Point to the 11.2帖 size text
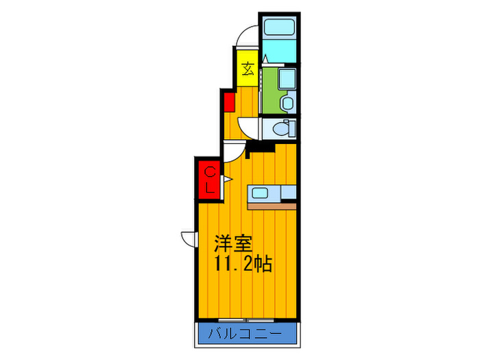click(x=243, y=263)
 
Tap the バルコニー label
click(x=249, y=335)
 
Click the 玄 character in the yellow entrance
click(x=248, y=69)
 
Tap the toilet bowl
click(x=281, y=128)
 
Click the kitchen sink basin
click(x=261, y=193)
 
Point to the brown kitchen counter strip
click(x=272, y=205)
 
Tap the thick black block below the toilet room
click(x=261, y=145)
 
